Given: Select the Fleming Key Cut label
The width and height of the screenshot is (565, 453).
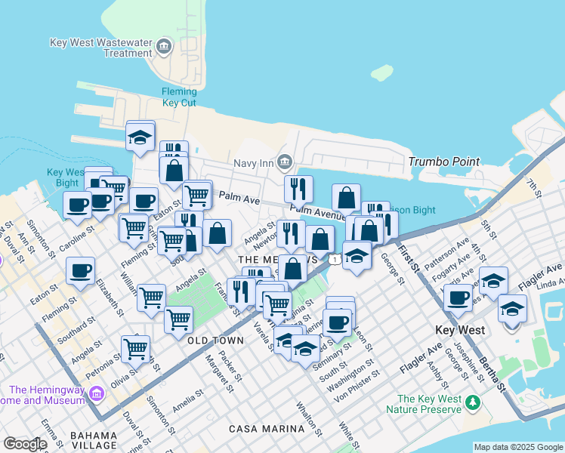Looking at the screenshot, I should (179, 97).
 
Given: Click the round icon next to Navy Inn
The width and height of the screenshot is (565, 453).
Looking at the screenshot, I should (284, 161).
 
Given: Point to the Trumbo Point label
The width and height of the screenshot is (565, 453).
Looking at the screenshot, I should (444, 162).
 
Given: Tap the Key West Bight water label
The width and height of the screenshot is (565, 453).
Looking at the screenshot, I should (63, 177).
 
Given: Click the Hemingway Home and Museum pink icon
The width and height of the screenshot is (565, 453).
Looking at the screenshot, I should (96, 393).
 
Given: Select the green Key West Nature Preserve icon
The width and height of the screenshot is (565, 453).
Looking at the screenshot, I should (473, 400).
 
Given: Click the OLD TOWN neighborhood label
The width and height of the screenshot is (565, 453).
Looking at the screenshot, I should (216, 341).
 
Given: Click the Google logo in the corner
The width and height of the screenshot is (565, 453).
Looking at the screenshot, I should (24, 444).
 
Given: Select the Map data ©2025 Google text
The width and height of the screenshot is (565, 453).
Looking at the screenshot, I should (517, 447).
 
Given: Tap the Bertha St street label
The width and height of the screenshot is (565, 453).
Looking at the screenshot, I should (493, 374).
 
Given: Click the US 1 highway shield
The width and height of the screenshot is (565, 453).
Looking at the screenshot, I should (333, 259).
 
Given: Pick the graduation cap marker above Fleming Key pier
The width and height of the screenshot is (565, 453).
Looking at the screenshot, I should (140, 137).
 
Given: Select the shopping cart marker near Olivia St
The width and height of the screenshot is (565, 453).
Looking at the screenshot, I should (135, 350).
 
